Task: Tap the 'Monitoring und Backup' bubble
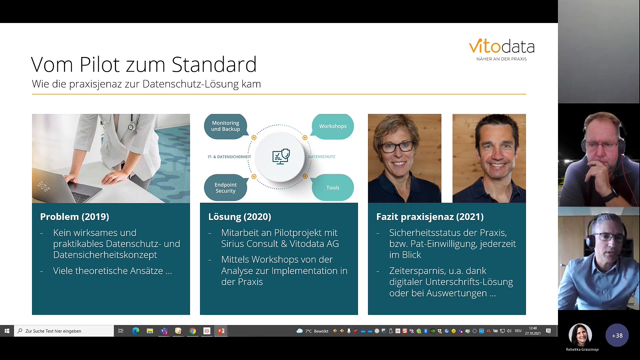pos(226,126)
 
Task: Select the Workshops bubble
pos(332,126)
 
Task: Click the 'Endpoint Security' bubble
pos(226,188)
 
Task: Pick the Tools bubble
pos(332,188)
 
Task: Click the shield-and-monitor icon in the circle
pos(281,156)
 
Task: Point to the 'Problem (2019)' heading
pos(75,217)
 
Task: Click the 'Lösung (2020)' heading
pos(240,217)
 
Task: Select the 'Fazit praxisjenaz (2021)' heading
pos(430,217)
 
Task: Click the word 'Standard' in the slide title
pos(214,64)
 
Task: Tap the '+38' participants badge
pos(617,335)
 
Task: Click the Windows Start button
pos(7,331)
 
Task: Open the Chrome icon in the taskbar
pos(193,331)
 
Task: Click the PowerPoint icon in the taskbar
pos(221,331)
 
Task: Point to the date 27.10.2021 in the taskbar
pos(533,333)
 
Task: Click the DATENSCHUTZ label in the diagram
pos(322,157)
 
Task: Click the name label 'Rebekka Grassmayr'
pos(582,349)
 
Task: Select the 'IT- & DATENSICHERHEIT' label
pos(229,157)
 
